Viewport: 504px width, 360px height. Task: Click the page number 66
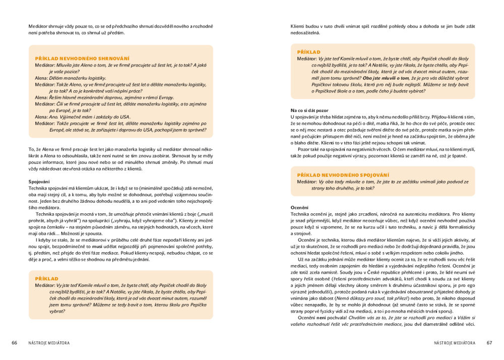point(15,343)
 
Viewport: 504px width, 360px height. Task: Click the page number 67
point(489,343)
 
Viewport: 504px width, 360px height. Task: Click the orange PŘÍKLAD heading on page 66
point(46,278)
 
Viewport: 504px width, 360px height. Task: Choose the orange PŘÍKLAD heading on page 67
point(308,52)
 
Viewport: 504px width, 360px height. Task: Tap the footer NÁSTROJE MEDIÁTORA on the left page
point(49,343)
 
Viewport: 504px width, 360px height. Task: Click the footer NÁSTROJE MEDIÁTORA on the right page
point(455,343)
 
